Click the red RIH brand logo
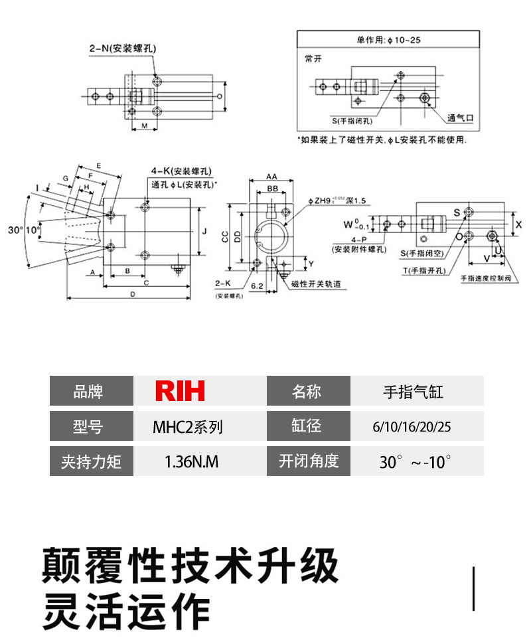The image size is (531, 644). pos(180,391)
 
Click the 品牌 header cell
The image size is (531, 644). pos(91,391)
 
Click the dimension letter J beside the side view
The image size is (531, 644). pos(206,232)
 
